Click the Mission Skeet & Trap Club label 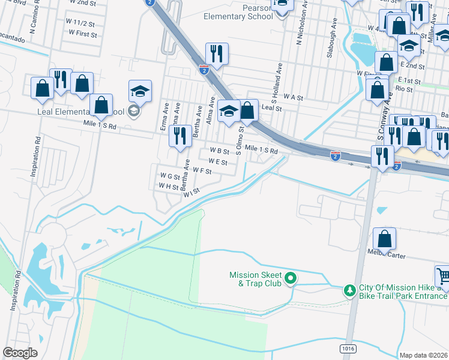coord(255,279)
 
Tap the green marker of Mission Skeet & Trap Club coord(291,278)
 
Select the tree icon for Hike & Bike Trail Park coord(350,290)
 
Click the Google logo coord(20,353)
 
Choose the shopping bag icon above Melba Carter coord(384,238)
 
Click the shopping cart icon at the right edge coord(443,276)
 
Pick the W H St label coord(169,187)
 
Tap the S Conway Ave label coord(381,128)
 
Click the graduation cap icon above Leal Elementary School coord(140,91)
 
